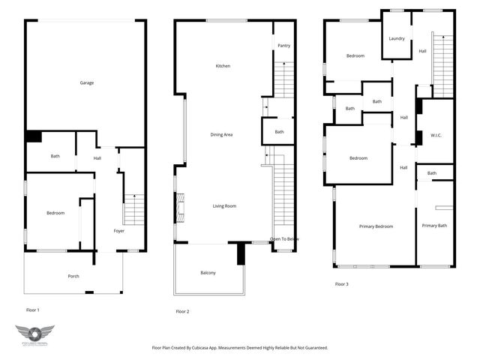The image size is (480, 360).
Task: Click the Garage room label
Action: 86,82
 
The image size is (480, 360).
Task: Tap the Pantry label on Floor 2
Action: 283,46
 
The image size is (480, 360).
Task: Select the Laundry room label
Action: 397,38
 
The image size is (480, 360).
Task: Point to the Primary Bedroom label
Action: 376,226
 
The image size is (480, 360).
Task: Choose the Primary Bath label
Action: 434,226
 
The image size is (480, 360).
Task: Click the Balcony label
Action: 208,272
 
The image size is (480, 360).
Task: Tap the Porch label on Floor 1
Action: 73,276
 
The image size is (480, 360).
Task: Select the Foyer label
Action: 119,230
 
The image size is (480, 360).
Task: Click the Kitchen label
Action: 223,66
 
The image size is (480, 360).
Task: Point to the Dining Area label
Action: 221,134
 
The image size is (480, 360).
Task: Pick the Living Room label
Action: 224,205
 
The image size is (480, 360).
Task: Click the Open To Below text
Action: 285,238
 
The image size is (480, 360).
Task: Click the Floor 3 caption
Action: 341,283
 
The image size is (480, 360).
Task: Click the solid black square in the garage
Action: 33,136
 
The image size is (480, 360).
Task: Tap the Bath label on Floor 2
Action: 279,132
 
